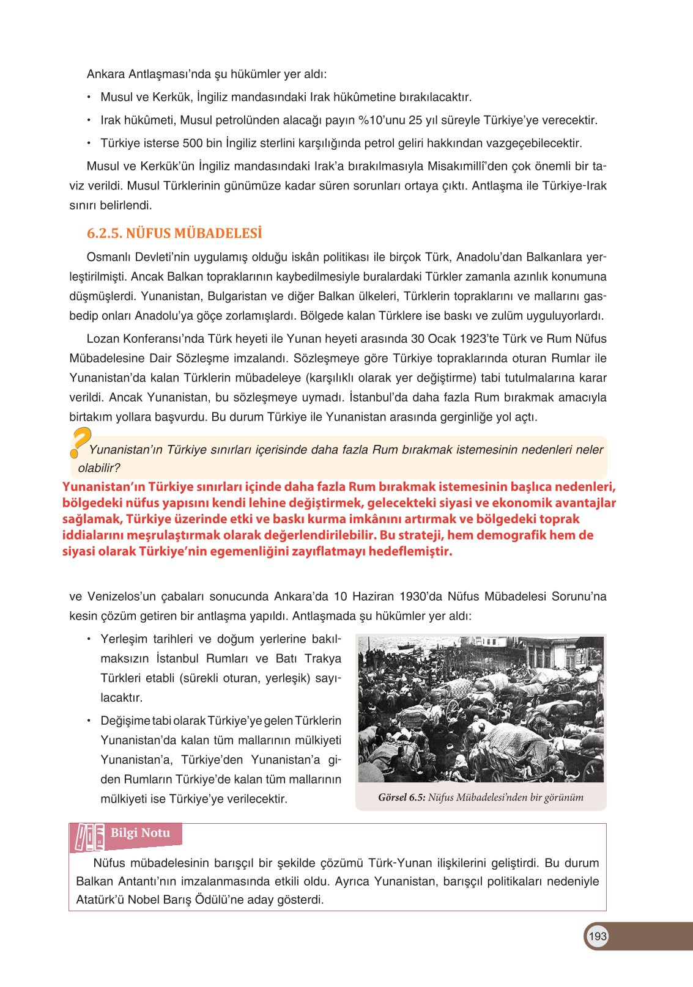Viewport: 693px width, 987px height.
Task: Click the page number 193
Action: coord(597,936)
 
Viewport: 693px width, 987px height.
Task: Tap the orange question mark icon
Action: coord(80,442)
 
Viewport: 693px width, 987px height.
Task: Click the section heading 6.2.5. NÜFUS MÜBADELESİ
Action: coord(174,233)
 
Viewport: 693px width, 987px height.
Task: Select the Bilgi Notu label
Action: coord(140,833)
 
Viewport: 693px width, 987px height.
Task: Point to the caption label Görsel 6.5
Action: coord(401,798)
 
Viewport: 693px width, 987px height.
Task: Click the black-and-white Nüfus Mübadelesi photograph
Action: coord(481,710)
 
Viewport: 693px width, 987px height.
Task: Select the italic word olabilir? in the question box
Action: coord(99,468)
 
